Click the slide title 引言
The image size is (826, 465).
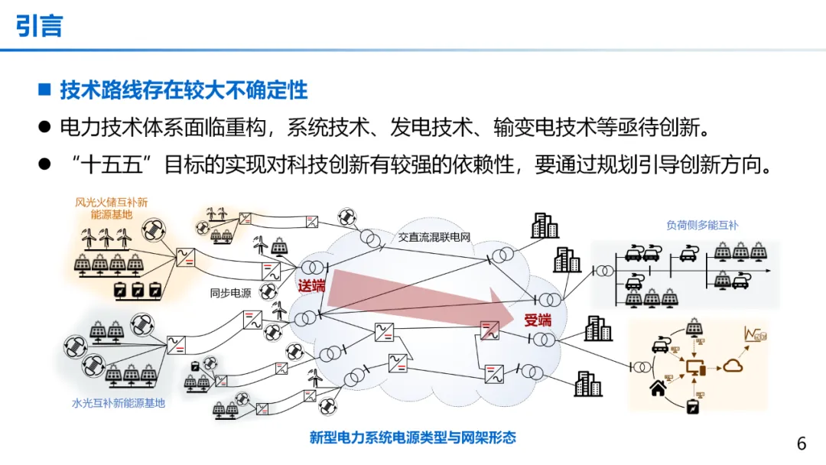coord(39,26)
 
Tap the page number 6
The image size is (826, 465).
coord(802,444)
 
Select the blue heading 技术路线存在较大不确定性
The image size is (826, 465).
coord(184,90)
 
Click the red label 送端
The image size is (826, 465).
coord(311,286)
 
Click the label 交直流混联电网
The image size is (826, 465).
coord(434,237)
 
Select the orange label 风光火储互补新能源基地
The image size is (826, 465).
coord(111,208)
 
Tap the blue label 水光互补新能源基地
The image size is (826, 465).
coord(119,402)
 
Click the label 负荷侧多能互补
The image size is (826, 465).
coord(702,225)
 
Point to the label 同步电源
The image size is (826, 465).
coord(231,292)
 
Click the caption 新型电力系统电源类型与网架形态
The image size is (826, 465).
coord(412,437)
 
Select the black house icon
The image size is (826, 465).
coord(657,389)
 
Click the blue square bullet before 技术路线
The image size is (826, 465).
coord(44,90)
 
